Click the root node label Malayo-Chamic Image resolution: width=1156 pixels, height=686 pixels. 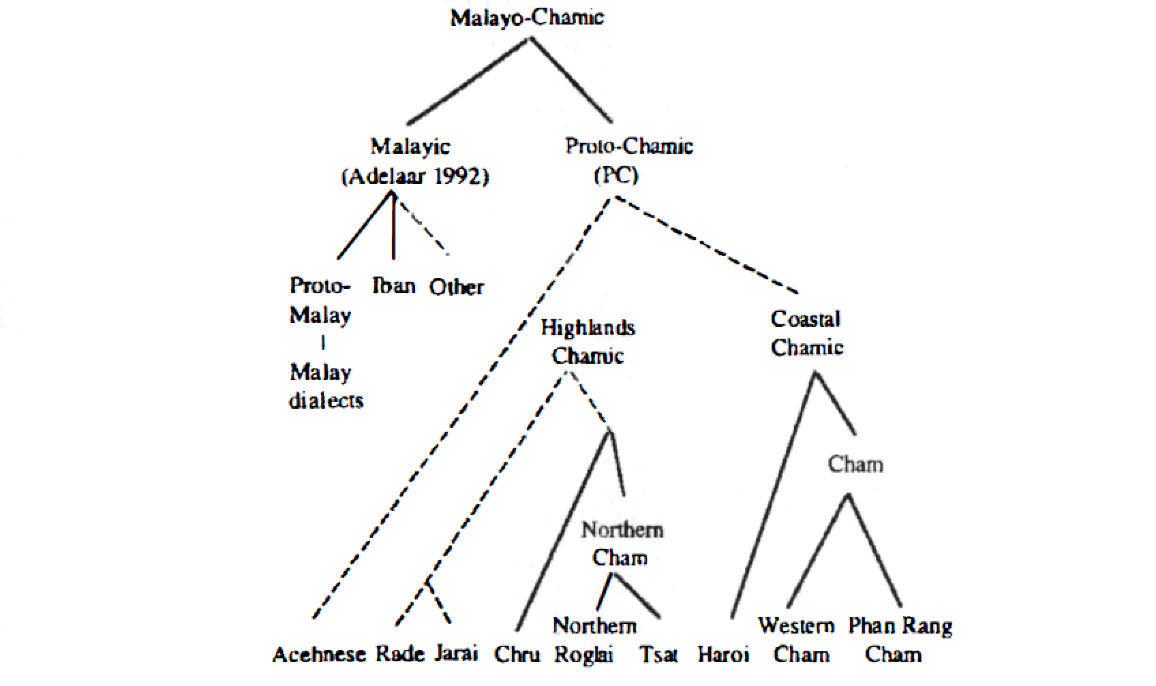tap(527, 18)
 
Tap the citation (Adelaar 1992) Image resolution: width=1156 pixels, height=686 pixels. tap(415, 177)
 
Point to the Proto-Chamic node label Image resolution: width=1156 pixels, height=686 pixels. tap(629, 146)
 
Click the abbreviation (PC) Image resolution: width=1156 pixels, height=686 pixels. tap(616, 176)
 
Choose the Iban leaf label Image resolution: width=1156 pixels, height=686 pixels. tap(394, 285)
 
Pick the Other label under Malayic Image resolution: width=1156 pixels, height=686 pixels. tap(457, 287)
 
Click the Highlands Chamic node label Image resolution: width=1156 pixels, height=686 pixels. tap(588, 342)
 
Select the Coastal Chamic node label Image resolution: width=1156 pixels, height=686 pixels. tap(806, 333)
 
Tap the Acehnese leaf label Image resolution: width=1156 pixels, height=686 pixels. tap(320, 655)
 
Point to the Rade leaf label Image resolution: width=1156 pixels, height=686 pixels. tap(400, 654)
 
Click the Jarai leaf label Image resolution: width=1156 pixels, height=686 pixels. tap(457, 654)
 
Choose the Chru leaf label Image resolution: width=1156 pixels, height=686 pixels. tap(517, 655)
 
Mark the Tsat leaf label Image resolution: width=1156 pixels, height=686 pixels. tap(658, 655)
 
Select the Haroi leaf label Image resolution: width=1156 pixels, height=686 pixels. tap(724, 655)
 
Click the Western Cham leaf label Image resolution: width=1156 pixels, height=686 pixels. tap(797, 640)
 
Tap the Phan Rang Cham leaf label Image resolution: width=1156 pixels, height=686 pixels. tap(900, 640)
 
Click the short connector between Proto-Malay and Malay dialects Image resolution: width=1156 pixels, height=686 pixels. tap(323, 343)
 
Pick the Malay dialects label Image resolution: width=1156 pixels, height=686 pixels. tap(326, 386)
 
